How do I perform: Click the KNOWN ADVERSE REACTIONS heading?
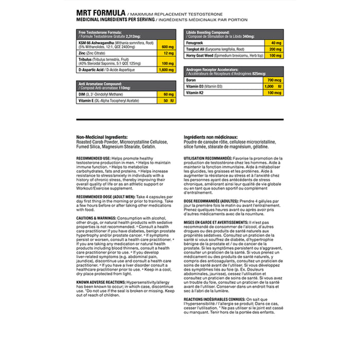[x=101, y=282]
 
